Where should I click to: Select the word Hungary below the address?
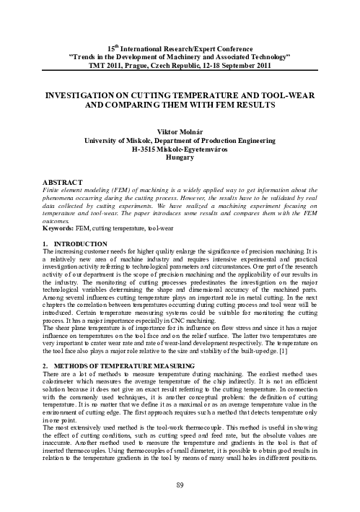[180, 156]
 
